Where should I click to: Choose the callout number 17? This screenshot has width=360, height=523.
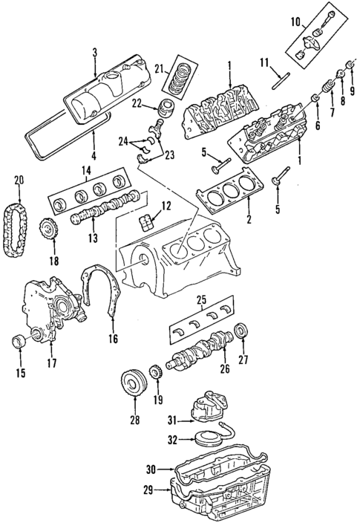point(53,363)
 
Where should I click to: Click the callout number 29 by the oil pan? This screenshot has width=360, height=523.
point(148,489)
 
